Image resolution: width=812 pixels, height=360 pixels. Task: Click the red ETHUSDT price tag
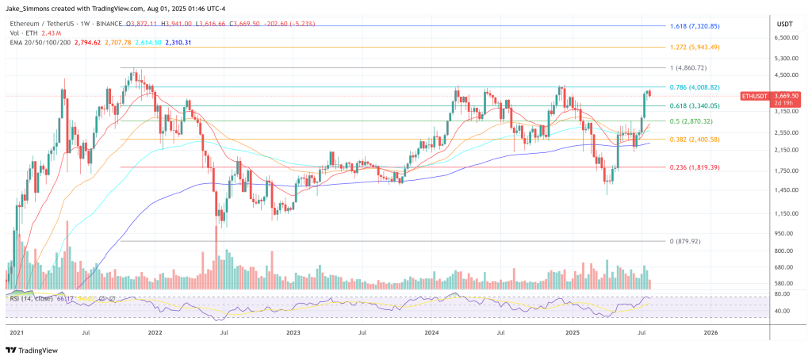[x=756, y=96]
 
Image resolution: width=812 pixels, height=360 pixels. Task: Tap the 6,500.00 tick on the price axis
[x=785, y=37]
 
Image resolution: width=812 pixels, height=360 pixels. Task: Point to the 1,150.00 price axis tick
[x=785, y=213]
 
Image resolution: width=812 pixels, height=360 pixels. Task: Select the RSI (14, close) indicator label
[x=30, y=298]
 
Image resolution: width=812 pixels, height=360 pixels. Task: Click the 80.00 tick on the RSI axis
[x=783, y=294]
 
